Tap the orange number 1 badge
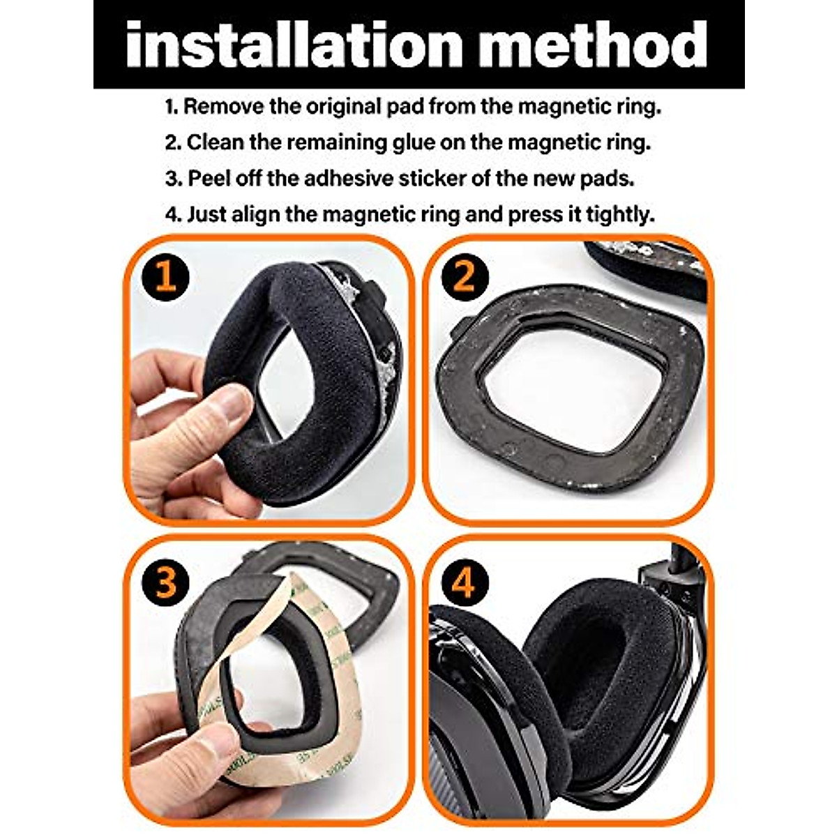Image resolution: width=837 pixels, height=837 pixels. pos(166,276)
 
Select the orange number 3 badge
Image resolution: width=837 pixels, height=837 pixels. pos(166,580)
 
